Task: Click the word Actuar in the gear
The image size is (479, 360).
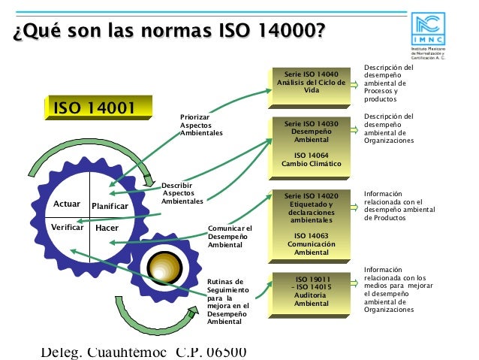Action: [x=68, y=204]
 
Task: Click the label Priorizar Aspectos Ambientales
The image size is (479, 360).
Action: [x=201, y=125]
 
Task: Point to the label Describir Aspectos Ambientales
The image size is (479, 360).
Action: [x=182, y=193]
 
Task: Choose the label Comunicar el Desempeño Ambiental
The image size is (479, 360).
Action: [x=230, y=237]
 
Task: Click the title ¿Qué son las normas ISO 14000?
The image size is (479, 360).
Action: [x=169, y=32]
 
